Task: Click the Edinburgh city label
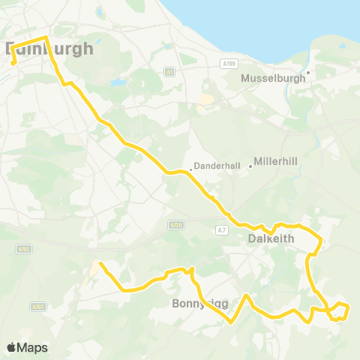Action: click(x=49, y=49)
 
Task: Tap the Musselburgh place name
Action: click(x=271, y=78)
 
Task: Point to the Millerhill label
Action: click(x=277, y=162)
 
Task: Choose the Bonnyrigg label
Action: click(x=199, y=303)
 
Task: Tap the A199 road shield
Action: click(x=229, y=64)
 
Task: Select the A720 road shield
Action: click(x=176, y=224)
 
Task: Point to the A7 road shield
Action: click(x=220, y=229)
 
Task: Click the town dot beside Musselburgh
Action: click(x=307, y=72)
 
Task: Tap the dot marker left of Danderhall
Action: click(x=191, y=169)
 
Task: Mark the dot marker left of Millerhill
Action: click(x=250, y=166)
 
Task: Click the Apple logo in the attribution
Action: click(x=11, y=347)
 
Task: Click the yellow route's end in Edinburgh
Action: click(x=13, y=63)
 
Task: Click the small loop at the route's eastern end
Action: click(x=340, y=310)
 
